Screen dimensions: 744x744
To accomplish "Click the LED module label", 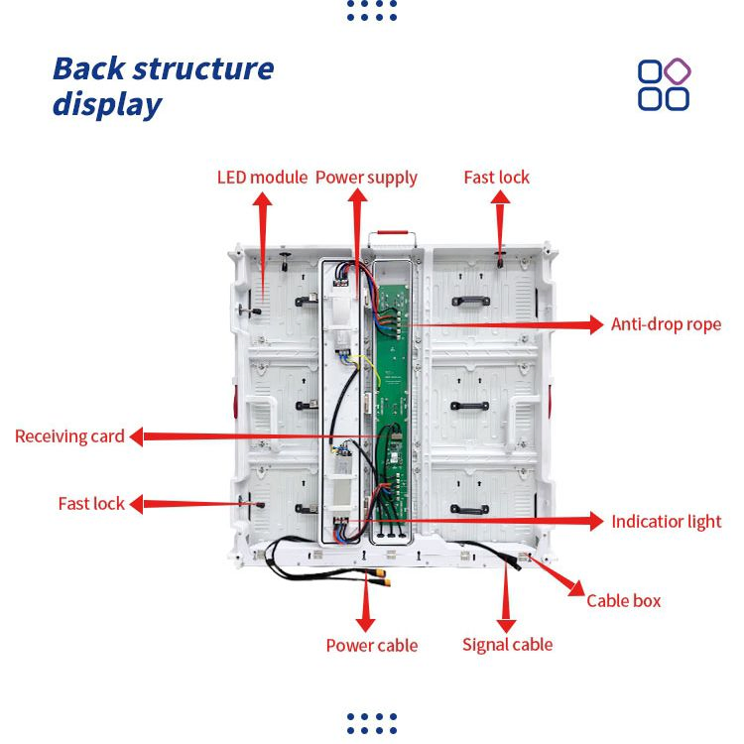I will click(x=262, y=178).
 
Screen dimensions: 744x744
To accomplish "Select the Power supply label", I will click(x=366, y=178).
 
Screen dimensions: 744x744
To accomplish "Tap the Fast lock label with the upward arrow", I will click(x=496, y=178).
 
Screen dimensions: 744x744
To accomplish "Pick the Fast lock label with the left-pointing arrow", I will click(x=91, y=504).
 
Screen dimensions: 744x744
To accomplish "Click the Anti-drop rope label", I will click(x=666, y=324).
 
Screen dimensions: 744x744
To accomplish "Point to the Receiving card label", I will click(x=69, y=436).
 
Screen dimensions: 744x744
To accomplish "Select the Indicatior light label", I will click(x=666, y=522).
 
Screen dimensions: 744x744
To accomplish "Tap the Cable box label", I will click(x=623, y=600).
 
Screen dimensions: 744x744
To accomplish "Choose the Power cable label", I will click(x=371, y=646).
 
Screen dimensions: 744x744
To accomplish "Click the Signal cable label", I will click(x=507, y=645).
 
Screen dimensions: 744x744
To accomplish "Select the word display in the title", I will click(x=106, y=104).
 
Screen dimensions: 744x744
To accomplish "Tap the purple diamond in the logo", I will click(x=678, y=71).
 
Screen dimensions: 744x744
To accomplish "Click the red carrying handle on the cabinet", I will click(x=392, y=238).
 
